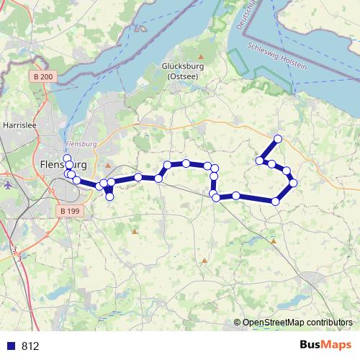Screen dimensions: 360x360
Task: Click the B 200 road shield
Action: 42,76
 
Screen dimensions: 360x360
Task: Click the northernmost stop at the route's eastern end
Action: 277,138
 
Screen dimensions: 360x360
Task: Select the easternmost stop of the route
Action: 293,183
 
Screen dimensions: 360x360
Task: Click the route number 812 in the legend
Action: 30,346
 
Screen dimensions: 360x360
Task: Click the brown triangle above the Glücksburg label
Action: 202,55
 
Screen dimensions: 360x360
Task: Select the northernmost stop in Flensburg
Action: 67,158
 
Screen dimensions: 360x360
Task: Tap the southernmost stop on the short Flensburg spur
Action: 110,197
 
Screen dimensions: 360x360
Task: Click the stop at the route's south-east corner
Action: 276,201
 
